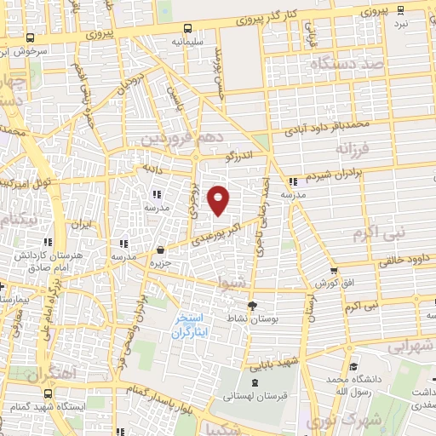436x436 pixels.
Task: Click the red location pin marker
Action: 219,199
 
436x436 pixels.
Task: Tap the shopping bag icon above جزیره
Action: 162,250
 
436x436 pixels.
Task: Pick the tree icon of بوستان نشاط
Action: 252,305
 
